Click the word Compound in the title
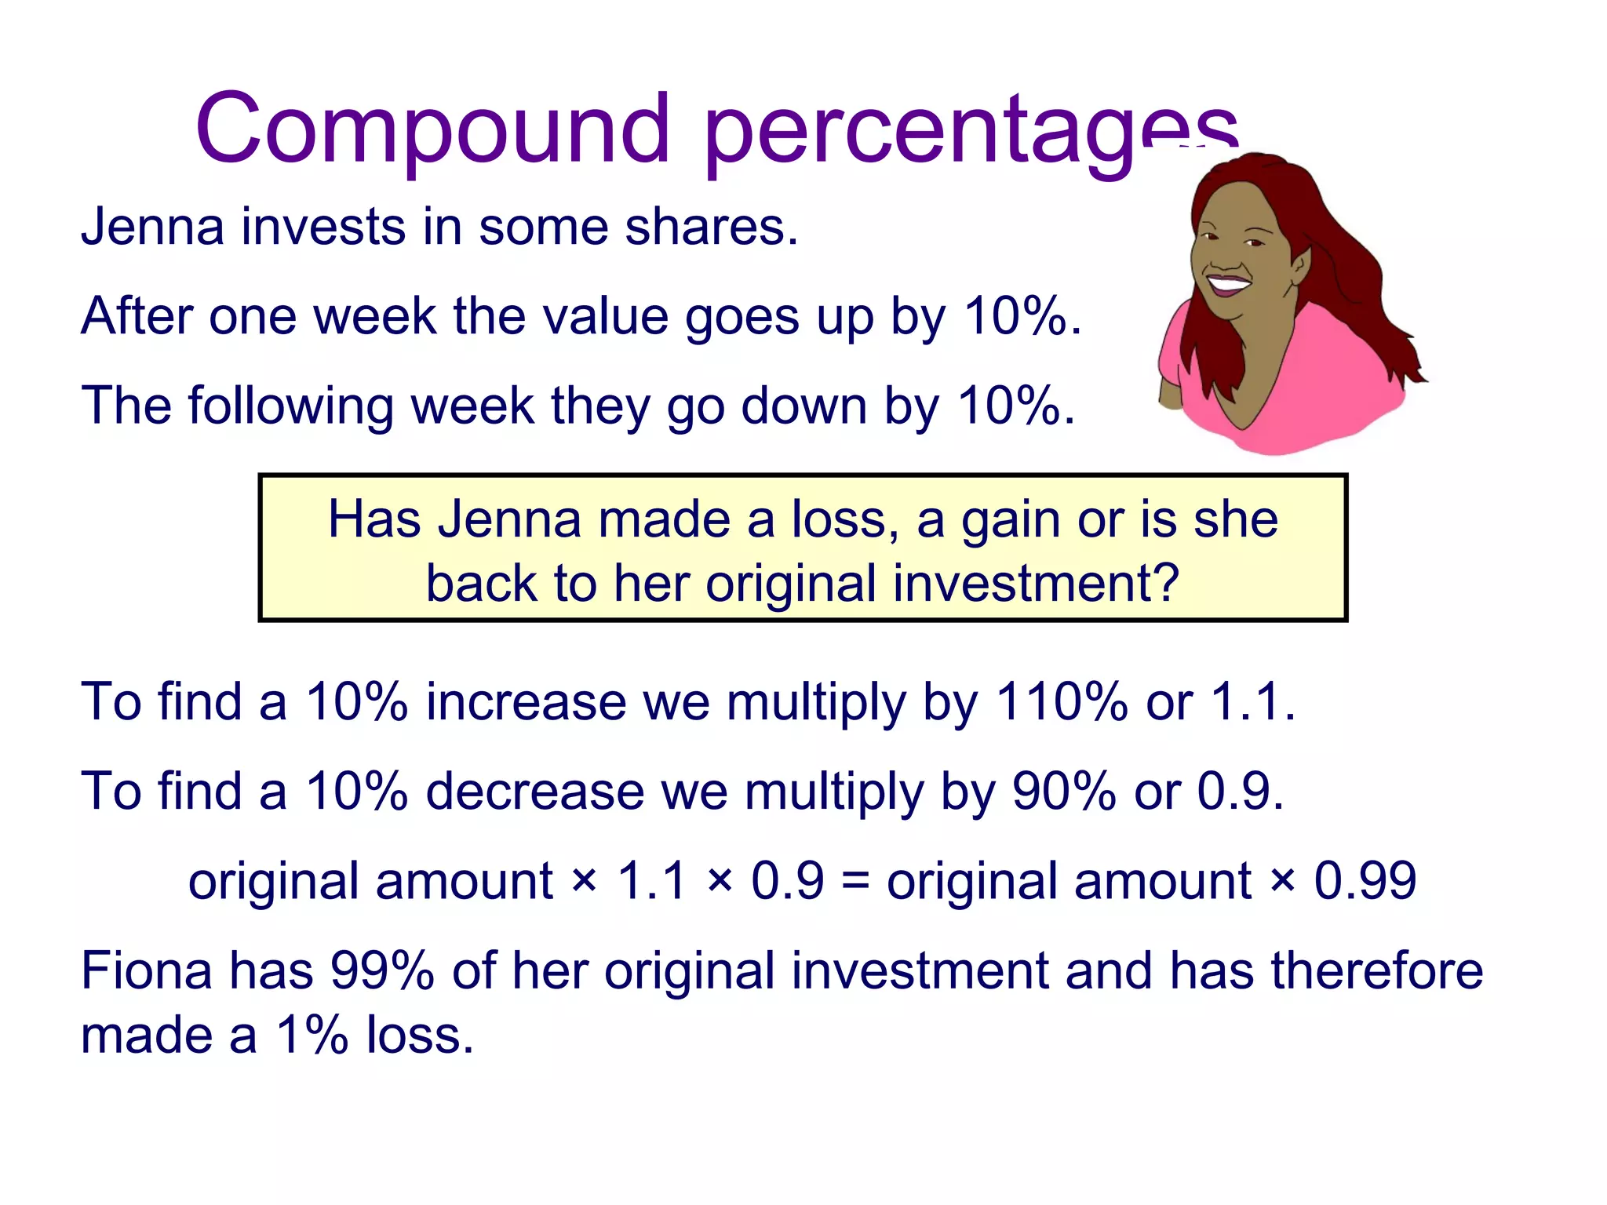[x=432, y=129]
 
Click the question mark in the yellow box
[x=1164, y=584]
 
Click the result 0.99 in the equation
[x=1365, y=880]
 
